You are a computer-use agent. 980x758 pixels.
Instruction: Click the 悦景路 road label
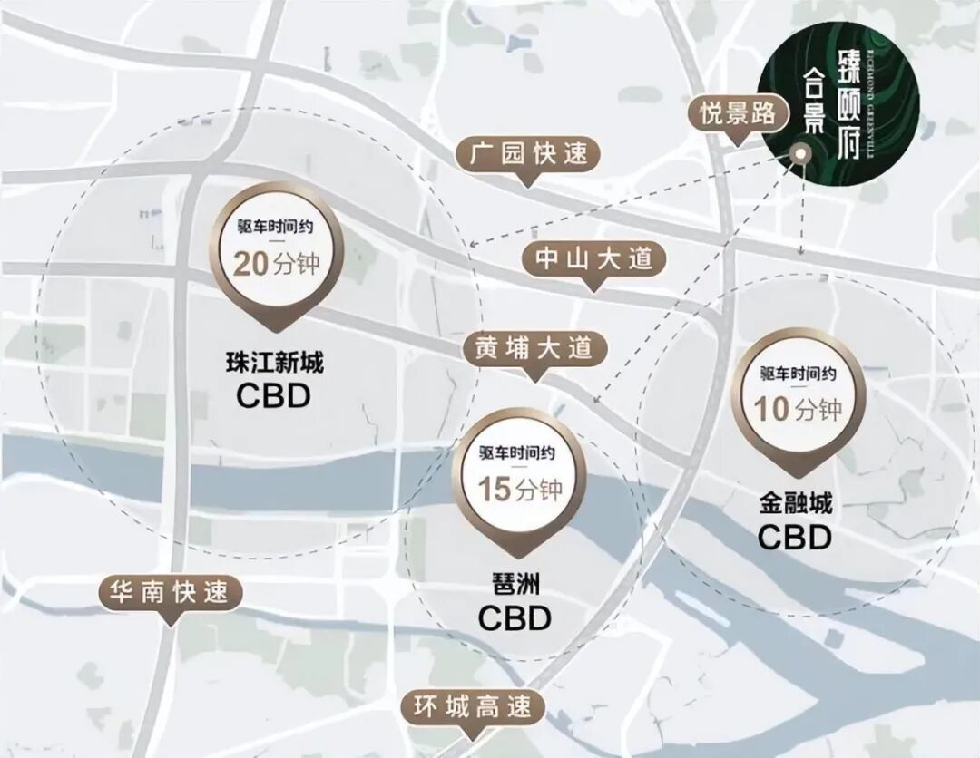(x=737, y=113)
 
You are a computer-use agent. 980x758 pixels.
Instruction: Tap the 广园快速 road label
(x=529, y=154)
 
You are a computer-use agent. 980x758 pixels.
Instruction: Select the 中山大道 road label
(x=593, y=259)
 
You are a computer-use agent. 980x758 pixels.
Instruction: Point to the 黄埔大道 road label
(x=533, y=348)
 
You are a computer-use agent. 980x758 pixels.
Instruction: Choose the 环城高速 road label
(x=472, y=706)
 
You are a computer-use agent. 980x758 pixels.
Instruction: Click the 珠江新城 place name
(x=274, y=364)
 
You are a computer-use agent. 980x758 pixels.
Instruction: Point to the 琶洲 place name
(x=514, y=587)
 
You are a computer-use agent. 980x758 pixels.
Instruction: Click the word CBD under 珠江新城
(x=274, y=396)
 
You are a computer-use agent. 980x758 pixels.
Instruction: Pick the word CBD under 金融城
(x=796, y=538)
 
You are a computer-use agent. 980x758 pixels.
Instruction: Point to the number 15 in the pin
(x=495, y=490)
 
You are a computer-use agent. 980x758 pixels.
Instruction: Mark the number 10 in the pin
(x=773, y=410)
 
